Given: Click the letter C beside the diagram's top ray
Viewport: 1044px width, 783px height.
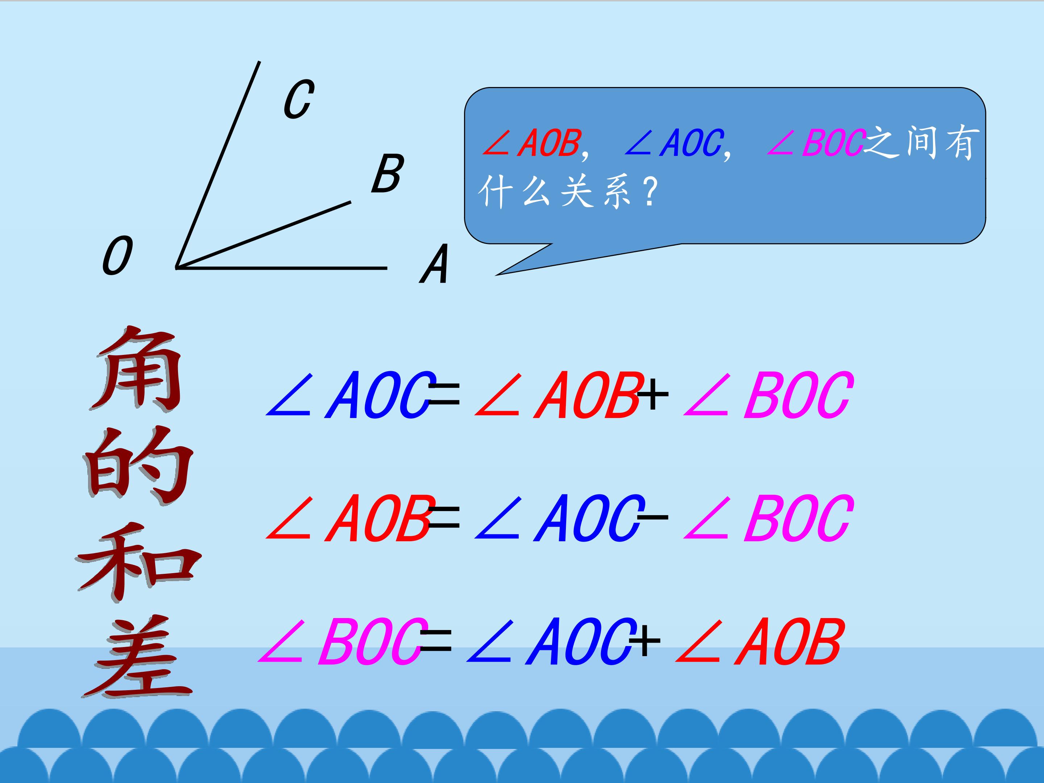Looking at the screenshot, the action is coord(299,99).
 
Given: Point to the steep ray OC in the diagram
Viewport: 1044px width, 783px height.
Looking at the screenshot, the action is coord(217,165).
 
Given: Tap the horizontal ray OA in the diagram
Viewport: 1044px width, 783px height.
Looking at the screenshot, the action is coord(281,268).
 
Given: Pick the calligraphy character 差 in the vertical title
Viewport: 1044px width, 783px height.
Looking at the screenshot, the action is coord(137,656).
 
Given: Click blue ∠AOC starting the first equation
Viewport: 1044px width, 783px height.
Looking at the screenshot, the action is coord(349,395).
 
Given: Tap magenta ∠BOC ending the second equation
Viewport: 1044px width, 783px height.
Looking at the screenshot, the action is coord(768,519).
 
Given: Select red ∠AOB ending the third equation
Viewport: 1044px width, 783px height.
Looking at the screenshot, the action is coord(758,642).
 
